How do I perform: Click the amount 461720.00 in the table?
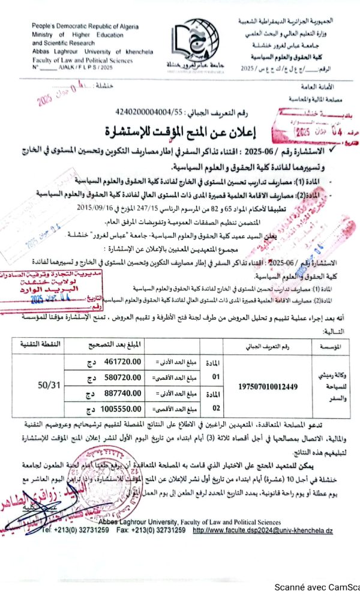click(x=122, y=361)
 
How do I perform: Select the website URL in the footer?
click(x=263, y=531)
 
